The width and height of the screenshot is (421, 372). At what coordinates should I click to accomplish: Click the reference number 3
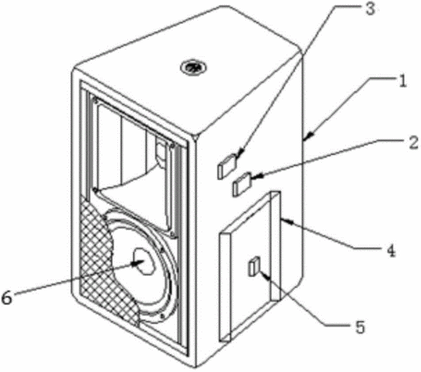tap(370, 8)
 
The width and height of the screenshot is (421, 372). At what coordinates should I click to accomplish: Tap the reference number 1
tap(402, 81)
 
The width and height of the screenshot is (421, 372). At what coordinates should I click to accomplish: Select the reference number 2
tap(414, 144)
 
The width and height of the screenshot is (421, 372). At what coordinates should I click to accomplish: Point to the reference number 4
tap(390, 250)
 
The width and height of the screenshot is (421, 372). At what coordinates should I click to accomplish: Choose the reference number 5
tap(360, 327)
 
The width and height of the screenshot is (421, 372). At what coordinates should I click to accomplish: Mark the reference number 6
tap(7, 298)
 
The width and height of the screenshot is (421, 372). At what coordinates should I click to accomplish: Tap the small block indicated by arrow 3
tap(227, 166)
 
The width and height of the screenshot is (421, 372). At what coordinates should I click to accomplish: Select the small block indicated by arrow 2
tap(242, 184)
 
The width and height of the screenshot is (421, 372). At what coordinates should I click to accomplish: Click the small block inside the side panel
tap(254, 266)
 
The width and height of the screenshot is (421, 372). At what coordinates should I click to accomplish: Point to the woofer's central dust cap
tap(144, 260)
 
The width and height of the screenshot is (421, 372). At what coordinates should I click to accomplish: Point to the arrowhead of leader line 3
tap(239, 153)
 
